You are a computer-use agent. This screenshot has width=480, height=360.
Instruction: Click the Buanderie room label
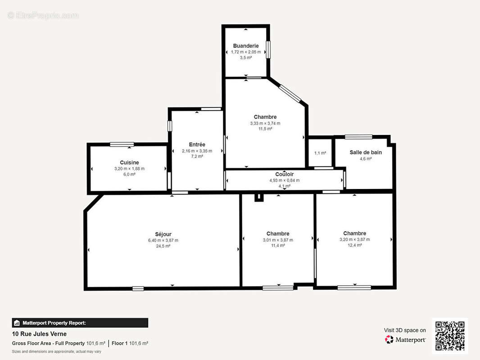[x=245, y=45]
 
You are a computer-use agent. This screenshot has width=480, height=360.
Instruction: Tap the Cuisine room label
[x=129, y=162]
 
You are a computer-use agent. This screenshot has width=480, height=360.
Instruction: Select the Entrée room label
[x=197, y=144]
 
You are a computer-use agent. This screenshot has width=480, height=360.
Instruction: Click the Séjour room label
[x=163, y=234]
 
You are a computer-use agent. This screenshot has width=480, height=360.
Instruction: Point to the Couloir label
[x=284, y=174]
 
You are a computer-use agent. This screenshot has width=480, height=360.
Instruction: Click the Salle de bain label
[x=366, y=152]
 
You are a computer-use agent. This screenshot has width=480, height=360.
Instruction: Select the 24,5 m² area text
[x=163, y=246]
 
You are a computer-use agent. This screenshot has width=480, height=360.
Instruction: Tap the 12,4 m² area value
[x=354, y=245]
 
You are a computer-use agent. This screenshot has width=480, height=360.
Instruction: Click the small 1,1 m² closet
[x=320, y=153]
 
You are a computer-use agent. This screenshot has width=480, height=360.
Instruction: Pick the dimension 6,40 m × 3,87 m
[x=163, y=240]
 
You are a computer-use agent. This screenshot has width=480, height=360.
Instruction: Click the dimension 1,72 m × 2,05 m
[x=245, y=52]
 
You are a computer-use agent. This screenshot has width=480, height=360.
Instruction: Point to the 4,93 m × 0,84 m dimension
[x=284, y=180]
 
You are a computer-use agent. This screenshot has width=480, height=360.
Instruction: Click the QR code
[x=450, y=336]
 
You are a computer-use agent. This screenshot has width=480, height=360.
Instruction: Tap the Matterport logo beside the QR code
[x=405, y=339]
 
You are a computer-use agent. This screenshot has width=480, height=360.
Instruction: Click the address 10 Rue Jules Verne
[x=39, y=334]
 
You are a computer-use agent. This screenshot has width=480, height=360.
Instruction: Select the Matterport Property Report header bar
[x=80, y=323]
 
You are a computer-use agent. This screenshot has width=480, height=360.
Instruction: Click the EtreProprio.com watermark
[x=43, y=15]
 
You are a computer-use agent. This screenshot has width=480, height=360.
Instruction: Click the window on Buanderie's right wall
[x=268, y=49]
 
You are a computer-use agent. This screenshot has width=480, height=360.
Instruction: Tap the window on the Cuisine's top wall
[x=122, y=144]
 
